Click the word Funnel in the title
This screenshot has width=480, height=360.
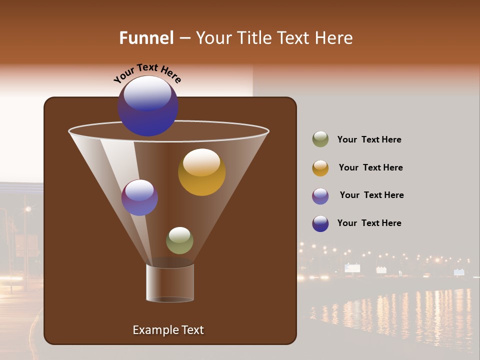[x=146, y=38]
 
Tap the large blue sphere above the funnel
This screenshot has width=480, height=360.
[x=148, y=106]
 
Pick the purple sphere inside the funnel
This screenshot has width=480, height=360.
[x=139, y=198]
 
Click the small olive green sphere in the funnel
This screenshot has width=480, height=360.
[x=179, y=240]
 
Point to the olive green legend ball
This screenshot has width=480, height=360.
[x=320, y=139]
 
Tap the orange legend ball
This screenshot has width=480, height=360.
[x=320, y=168]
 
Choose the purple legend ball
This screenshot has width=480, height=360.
[x=320, y=196]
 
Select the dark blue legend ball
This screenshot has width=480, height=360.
[x=320, y=223]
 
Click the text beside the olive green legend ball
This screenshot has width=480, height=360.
[x=369, y=140]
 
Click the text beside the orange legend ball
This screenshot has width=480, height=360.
[x=370, y=168]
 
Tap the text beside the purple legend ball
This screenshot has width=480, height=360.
[x=371, y=195]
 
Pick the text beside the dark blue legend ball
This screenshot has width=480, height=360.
[x=369, y=223]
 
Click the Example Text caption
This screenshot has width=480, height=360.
[x=168, y=330]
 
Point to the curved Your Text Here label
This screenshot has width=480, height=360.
[x=147, y=73]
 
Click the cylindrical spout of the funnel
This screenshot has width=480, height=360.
[x=170, y=283]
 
